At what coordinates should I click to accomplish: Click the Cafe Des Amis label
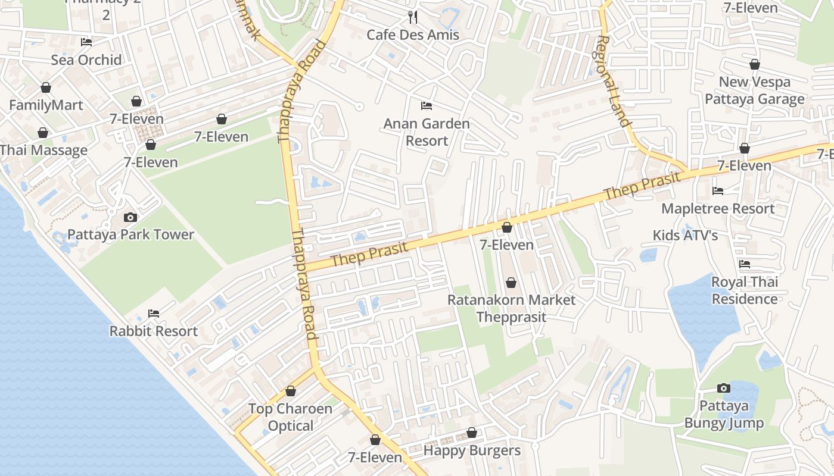(413, 35)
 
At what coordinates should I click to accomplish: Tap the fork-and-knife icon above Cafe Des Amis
(412, 17)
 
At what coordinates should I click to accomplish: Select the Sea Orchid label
(86, 59)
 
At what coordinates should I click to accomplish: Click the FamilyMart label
(46, 105)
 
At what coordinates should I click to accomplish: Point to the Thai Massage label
(43, 150)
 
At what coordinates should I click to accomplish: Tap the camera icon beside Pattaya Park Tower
(130, 218)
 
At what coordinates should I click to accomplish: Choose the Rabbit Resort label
(153, 331)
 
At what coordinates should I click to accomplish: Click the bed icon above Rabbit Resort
(153, 313)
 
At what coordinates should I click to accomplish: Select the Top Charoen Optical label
(290, 417)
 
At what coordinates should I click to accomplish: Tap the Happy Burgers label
(472, 450)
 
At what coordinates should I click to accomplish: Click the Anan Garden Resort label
(427, 132)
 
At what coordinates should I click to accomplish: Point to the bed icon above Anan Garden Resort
(427, 106)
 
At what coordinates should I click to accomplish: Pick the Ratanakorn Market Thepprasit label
(511, 308)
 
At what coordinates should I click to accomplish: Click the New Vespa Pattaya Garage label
(754, 90)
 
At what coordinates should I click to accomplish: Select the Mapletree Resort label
(718, 208)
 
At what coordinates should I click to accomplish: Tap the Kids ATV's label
(685, 235)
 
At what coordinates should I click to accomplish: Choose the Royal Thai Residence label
(745, 290)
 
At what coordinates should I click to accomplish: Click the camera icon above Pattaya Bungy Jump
(723, 389)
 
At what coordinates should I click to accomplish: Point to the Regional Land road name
(612, 82)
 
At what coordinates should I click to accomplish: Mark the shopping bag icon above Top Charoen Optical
(291, 392)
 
